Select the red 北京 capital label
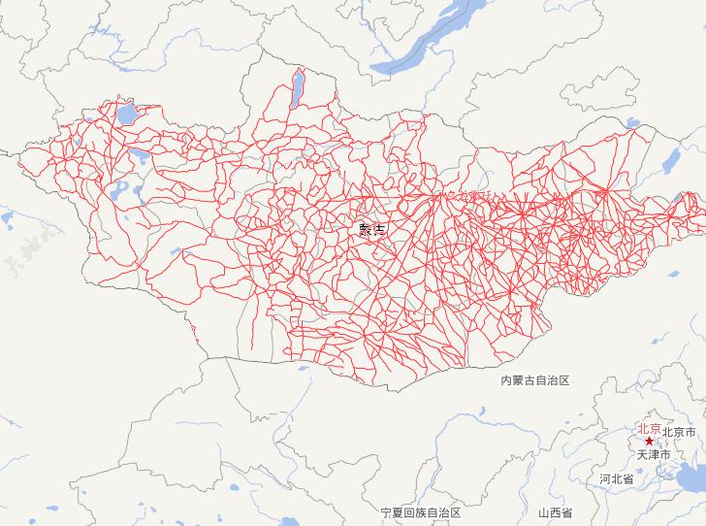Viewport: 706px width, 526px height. [649, 428]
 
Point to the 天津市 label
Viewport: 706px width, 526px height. [653, 454]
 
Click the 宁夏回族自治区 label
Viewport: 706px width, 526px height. [420, 511]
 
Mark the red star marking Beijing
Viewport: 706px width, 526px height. [649, 441]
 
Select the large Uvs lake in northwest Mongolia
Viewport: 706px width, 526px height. [127, 116]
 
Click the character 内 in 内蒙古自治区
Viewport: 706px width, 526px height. [506, 381]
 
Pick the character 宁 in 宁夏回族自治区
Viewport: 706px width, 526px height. [386, 511]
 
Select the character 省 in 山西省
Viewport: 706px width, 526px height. [566, 511]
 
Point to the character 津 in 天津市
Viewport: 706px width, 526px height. [653, 454]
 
